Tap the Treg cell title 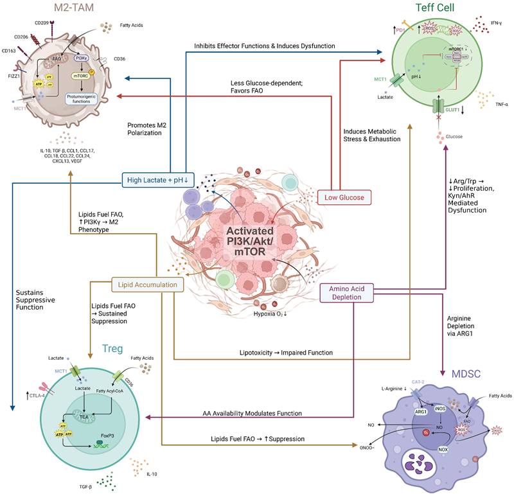click(x=113, y=348)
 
